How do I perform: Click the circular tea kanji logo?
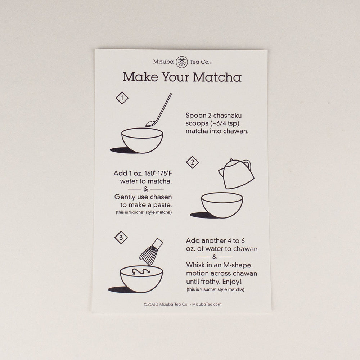[x=182, y=62]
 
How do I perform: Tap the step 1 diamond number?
[x=122, y=98]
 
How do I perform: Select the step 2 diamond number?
[x=192, y=163]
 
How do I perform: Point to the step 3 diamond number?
[x=121, y=238]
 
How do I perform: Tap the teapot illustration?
[x=237, y=174]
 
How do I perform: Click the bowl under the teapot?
[x=222, y=205]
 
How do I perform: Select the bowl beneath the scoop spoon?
[x=142, y=140]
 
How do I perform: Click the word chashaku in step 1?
[x=227, y=115]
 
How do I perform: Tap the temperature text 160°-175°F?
[x=158, y=173]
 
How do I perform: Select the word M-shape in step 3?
[x=237, y=265]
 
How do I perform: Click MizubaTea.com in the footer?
[x=207, y=305]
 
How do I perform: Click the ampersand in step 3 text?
[x=215, y=257]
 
